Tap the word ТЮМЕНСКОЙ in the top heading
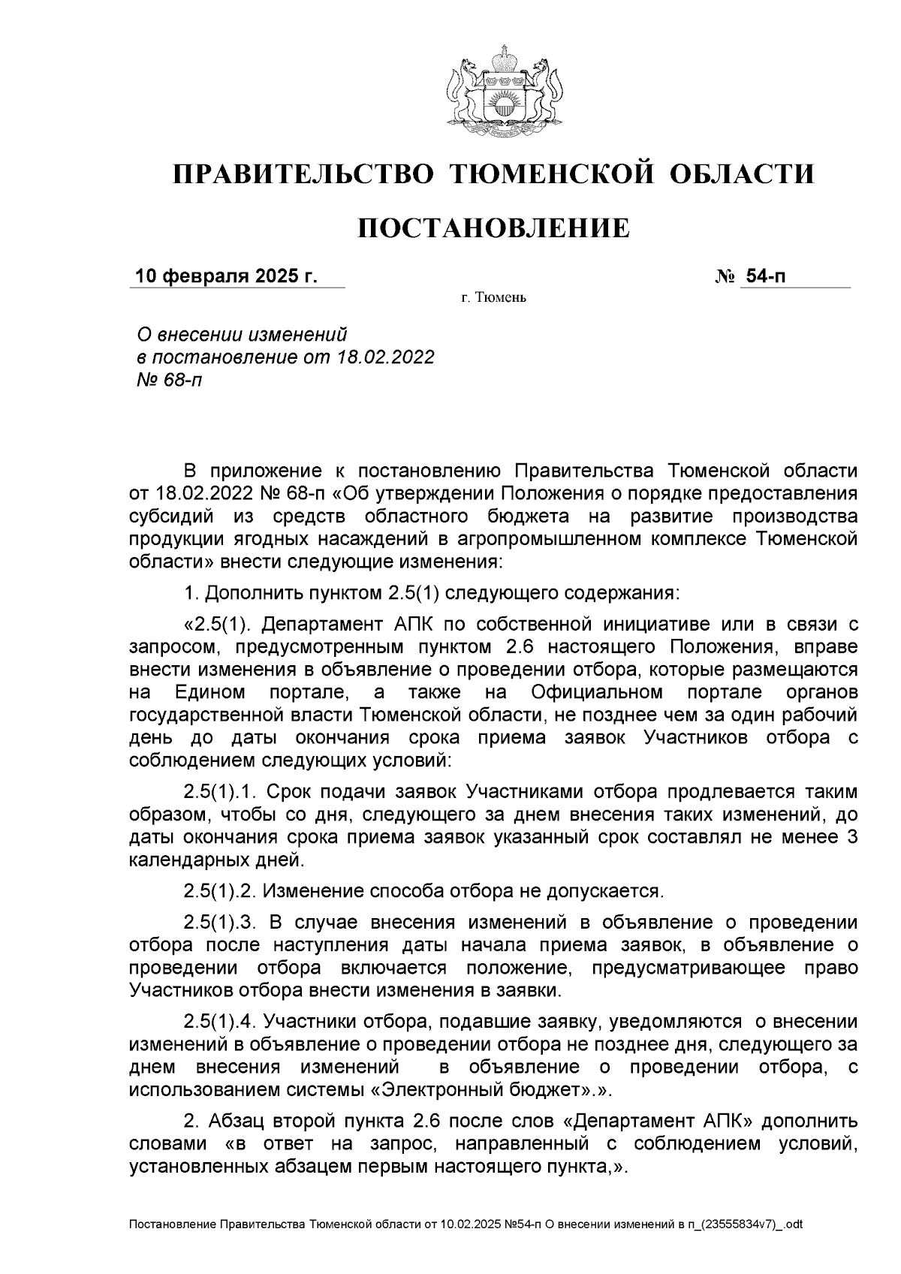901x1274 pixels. [550, 174]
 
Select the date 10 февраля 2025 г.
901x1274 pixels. [225, 277]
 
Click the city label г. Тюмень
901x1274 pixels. [494, 299]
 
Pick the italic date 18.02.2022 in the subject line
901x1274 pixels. [385, 357]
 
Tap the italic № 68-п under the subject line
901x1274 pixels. [166, 380]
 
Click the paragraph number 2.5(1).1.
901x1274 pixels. [221, 791]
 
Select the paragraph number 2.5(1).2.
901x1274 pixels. [221, 891]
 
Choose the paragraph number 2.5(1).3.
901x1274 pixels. [221, 923]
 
